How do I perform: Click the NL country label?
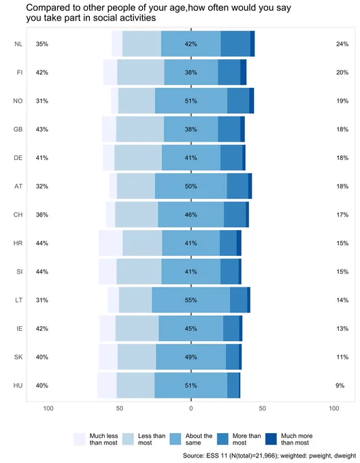(x=18, y=44)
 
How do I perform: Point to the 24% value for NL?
(x=342, y=44)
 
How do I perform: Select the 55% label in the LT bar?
(x=191, y=300)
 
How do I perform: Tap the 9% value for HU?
(x=340, y=385)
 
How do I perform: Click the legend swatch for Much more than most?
(x=271, y=438)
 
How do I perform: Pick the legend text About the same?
(x=199, y=439)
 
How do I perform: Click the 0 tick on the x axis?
(x=191, y=409)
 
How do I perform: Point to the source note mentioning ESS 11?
(x=269, y=456)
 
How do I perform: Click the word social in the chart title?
(x=107, y=18)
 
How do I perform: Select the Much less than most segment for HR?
(x=111, y=243)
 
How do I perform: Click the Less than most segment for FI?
(x=141, y=72)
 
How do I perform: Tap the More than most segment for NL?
(x=235, y=44)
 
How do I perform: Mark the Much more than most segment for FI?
(x=243, y=72)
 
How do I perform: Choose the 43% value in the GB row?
(x=42, y=129)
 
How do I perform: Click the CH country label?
(x=18, y=214)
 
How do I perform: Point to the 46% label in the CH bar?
(x=191, y=214)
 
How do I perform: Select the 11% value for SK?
(x=342, y=357)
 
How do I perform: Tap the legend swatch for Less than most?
(x=128, y=438)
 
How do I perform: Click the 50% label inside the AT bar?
(x=191, y=187)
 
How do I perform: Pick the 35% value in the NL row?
(x=42, y=44)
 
